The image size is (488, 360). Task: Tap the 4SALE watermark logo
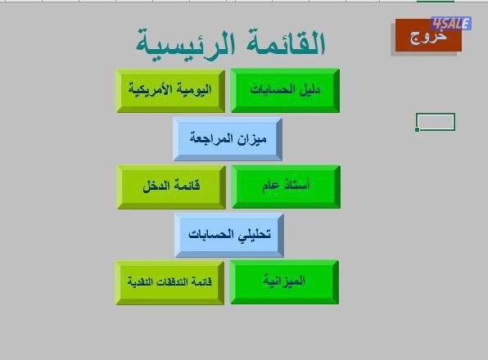pos(451,24)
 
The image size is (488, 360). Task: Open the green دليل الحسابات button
pos(285,90)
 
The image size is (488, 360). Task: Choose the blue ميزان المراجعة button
pos(228,138)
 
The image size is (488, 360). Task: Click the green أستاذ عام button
pos(285,187)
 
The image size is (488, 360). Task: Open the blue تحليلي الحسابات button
pos(228,234)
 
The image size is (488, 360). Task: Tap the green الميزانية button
pos(284,282)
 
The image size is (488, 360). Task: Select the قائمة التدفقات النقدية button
pos(169,282)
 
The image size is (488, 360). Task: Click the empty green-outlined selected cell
pos(436,122)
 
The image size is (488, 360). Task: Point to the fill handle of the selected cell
pos(418,129)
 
